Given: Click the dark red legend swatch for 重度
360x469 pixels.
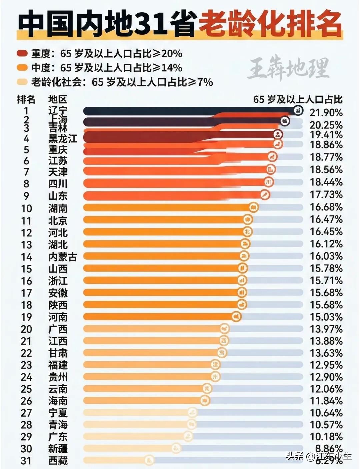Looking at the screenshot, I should tap(22, 54).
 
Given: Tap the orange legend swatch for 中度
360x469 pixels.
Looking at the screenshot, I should tap(22, 68).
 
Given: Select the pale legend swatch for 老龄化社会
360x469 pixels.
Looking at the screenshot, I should tap(22, 82).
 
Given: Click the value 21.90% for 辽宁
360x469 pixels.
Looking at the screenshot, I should tap(326, 112).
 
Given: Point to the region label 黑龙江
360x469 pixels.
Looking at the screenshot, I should tap(63, 138).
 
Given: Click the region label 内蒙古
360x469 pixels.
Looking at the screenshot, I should tap(63, 257).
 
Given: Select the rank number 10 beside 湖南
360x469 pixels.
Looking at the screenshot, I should tap(26, 208).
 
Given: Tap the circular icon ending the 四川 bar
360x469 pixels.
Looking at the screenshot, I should tap(269, 182).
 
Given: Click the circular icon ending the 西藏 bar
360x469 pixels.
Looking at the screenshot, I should tap(149, 460).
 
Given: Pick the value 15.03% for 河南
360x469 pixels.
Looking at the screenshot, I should tap(326, 317).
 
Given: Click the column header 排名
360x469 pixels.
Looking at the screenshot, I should tap(26, 99).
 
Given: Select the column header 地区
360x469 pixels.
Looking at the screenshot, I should tap(58, 99).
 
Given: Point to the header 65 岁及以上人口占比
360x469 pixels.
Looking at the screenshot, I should tap(298, 99).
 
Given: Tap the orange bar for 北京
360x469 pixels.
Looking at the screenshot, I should tap(163, 219).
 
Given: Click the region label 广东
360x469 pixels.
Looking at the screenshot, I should tap(58, 437).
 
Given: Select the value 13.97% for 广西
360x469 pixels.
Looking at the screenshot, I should tap(326, 329).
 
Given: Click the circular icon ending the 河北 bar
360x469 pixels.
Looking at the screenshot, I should tap(247, 231).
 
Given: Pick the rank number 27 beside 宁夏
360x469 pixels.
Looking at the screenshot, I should tap(26, 413).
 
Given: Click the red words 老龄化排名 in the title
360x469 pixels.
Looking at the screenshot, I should tap(270, 24).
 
